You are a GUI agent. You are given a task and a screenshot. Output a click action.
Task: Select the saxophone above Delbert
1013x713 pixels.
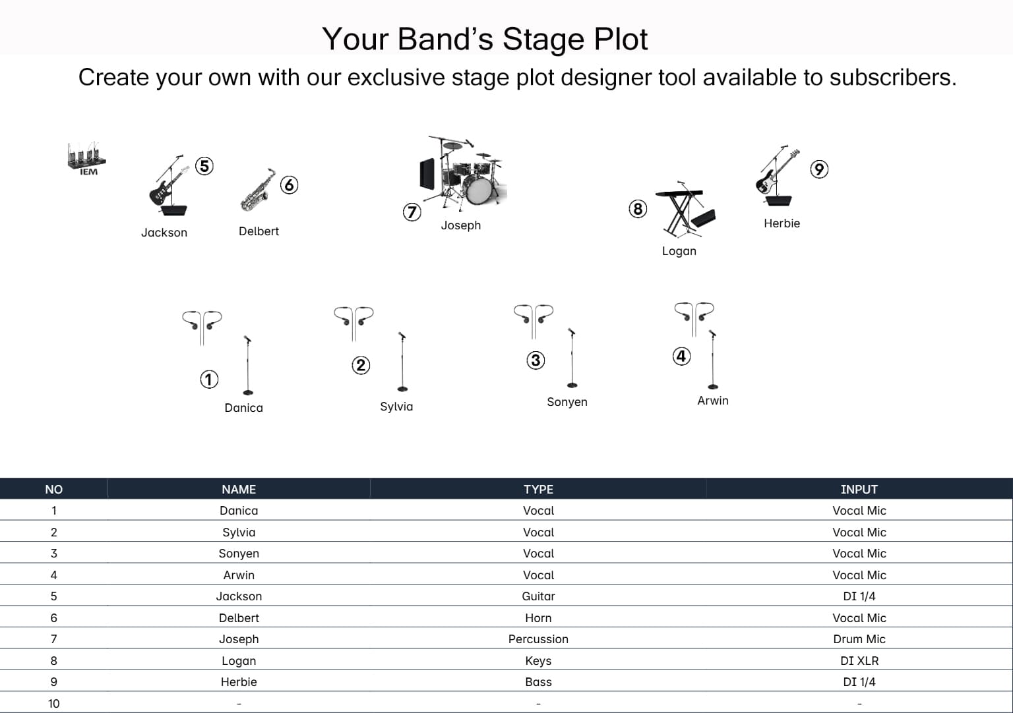(x=258, y=190)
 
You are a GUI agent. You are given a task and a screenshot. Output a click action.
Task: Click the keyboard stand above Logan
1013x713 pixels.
(x=685, y=210)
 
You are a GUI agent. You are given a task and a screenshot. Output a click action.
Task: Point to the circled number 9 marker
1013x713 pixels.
(x=818, y=169)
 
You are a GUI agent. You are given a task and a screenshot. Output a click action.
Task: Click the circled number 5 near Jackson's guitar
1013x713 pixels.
(x=204, y=166)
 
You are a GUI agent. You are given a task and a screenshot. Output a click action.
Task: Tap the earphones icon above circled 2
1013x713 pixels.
(x=353, y=321)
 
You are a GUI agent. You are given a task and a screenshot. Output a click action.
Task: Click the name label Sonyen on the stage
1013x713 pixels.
(x=567, y=402)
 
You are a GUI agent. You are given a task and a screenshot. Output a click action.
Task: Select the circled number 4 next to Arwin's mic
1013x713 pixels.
(x=681, y=356)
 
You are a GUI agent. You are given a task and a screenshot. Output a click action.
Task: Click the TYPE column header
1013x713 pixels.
(x=538, y=489)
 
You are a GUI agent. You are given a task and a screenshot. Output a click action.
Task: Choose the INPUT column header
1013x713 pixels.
(x=859, y=489)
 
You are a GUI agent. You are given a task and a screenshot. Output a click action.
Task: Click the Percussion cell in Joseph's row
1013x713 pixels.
(x=538, y=639)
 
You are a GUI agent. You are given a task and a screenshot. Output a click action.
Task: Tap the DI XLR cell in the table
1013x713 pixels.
(x=859, y=660)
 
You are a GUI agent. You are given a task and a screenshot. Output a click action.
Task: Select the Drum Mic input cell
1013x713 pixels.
(x=859, y=639)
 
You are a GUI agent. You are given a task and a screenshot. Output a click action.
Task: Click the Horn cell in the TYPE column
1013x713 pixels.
(x=538, y=617)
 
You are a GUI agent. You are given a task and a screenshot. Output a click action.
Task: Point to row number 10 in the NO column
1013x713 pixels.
(x=53, y=703)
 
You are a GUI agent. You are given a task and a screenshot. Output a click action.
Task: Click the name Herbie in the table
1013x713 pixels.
(x=239, y=682)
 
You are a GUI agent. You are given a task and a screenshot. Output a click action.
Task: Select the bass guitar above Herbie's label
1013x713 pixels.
(x=776, y=175)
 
